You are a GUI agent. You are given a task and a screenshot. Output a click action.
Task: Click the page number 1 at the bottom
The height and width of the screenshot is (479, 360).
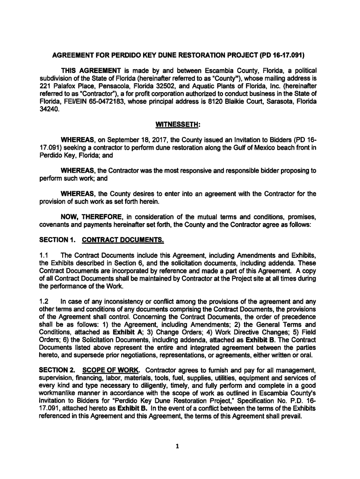pyautogui.click(x=178, y=445)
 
